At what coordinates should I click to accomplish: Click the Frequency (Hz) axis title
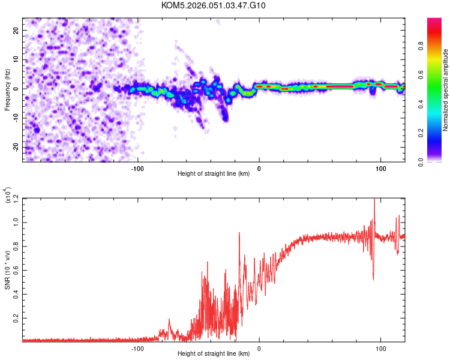7,89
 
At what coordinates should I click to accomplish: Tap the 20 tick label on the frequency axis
16,30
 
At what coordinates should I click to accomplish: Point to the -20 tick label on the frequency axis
14,147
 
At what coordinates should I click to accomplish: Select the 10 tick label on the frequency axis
16,59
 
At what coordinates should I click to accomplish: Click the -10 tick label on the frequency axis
14,118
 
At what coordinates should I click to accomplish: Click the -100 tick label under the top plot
137,169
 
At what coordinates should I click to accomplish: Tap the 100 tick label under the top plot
380,169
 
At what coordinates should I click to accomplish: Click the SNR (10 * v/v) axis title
7,269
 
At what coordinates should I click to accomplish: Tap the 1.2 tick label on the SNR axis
16,197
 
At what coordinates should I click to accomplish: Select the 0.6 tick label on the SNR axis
16,269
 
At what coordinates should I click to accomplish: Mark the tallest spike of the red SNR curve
374,200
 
